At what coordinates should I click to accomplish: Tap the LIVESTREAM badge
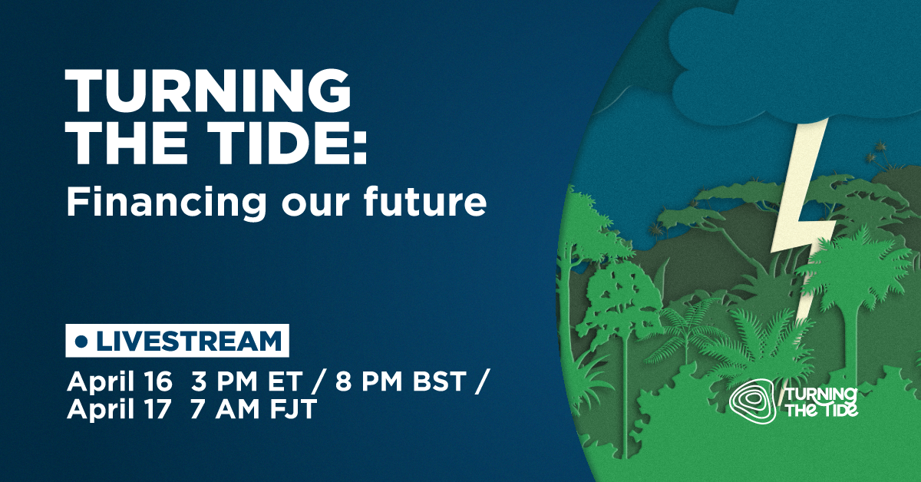[177, 341]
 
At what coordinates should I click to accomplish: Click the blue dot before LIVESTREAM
[83, 341]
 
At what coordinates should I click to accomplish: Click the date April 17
[119, 410]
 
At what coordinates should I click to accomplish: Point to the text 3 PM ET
[246, 382]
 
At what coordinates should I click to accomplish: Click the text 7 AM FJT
[253, 410]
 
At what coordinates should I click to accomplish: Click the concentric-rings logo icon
[753, 401]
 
